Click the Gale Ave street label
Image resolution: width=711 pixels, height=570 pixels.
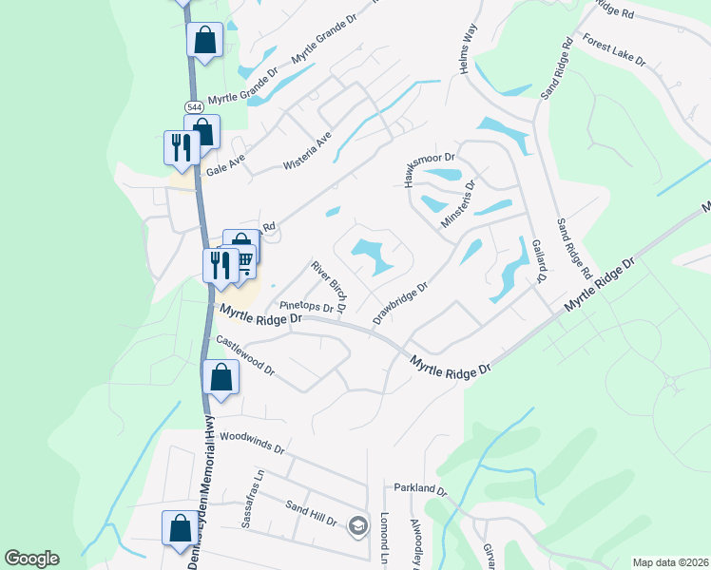(x=225, y=166)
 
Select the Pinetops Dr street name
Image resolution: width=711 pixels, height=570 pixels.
(x=305, y=306)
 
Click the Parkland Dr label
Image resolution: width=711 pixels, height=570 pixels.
(x=420, y=488)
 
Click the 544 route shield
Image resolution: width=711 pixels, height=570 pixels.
(x=194, y=106)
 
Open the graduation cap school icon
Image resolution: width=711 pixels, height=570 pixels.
(x=357, y=525)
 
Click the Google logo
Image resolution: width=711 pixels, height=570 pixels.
(x=31, y=559)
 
